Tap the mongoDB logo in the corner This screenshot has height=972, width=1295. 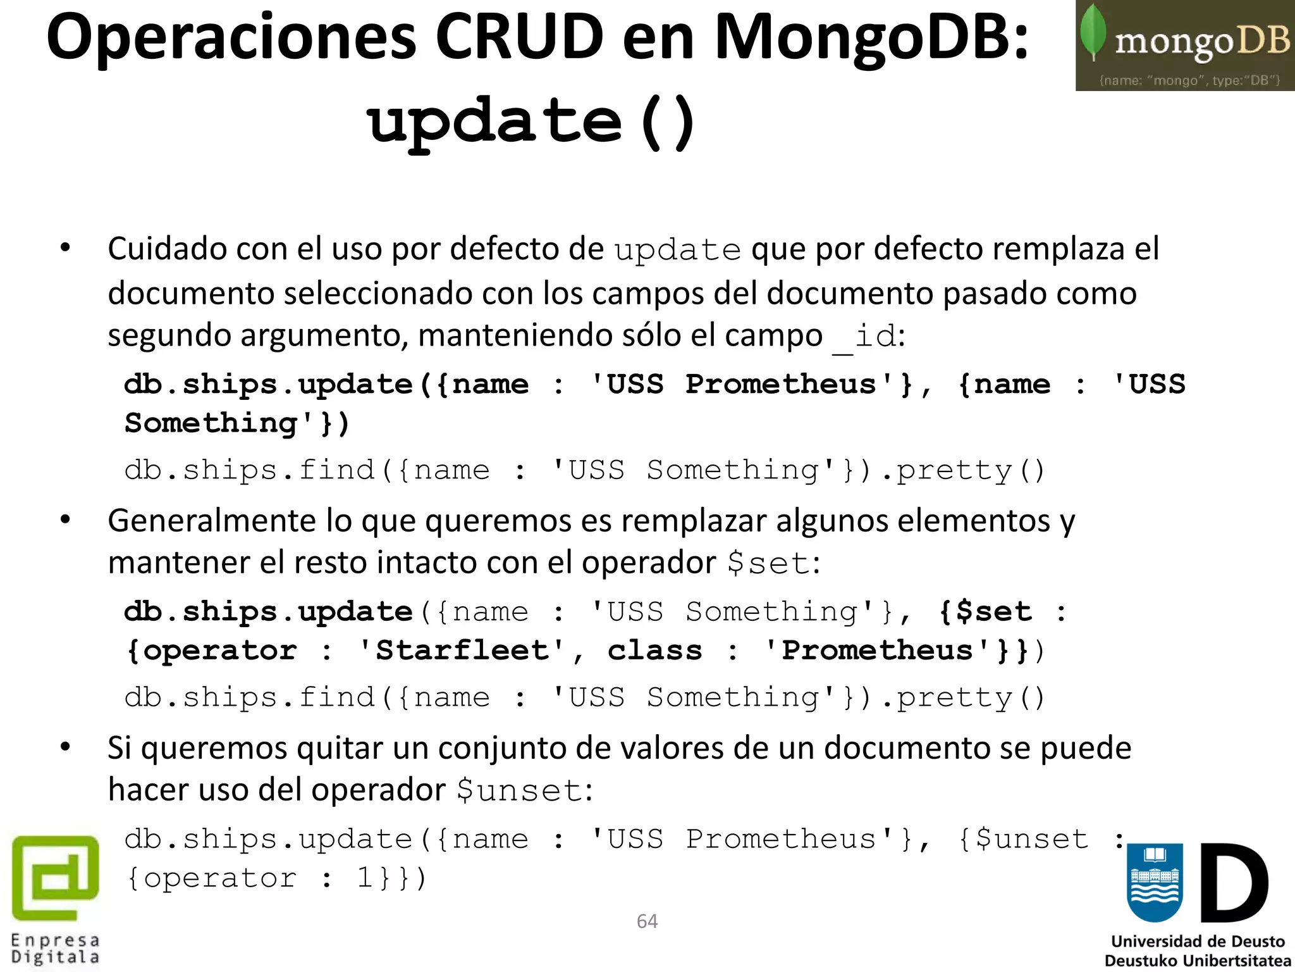click(1185, 46)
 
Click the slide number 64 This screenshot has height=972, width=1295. click(647, 921)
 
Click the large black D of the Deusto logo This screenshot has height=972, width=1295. click(1234, 882)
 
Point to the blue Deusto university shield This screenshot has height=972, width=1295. click(1155, 882)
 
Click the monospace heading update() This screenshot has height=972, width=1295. click(531, 121)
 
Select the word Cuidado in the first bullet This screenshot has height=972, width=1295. click(166, 249)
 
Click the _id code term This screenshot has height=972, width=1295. click(864, 336)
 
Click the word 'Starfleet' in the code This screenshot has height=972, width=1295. click(461, 651)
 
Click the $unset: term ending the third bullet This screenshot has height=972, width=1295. click(525, 790)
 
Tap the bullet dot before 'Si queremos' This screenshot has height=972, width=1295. click(65, 747)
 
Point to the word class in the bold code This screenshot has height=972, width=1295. click(654, 651)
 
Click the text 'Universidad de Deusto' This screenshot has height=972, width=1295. click(1198, 941)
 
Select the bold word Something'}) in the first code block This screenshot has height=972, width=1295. click(237, 423)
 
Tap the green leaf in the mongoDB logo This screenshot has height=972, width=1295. click(1092, 32)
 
